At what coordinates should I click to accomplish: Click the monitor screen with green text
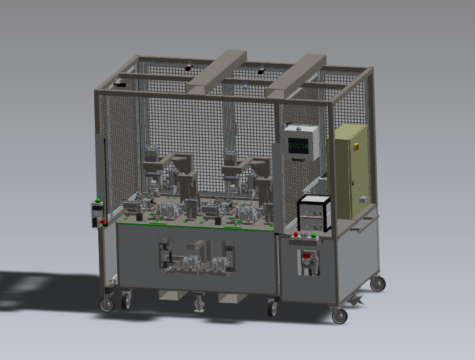298,147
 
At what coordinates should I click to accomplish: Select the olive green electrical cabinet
351,171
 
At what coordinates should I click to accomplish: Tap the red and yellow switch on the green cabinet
356,143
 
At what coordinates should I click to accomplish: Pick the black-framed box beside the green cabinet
314,213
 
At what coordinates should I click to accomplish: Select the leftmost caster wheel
106,305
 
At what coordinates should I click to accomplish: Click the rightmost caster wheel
378,284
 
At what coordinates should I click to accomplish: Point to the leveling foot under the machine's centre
198,306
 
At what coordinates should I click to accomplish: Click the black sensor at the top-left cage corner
120,84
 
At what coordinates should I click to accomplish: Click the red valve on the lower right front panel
308,257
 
